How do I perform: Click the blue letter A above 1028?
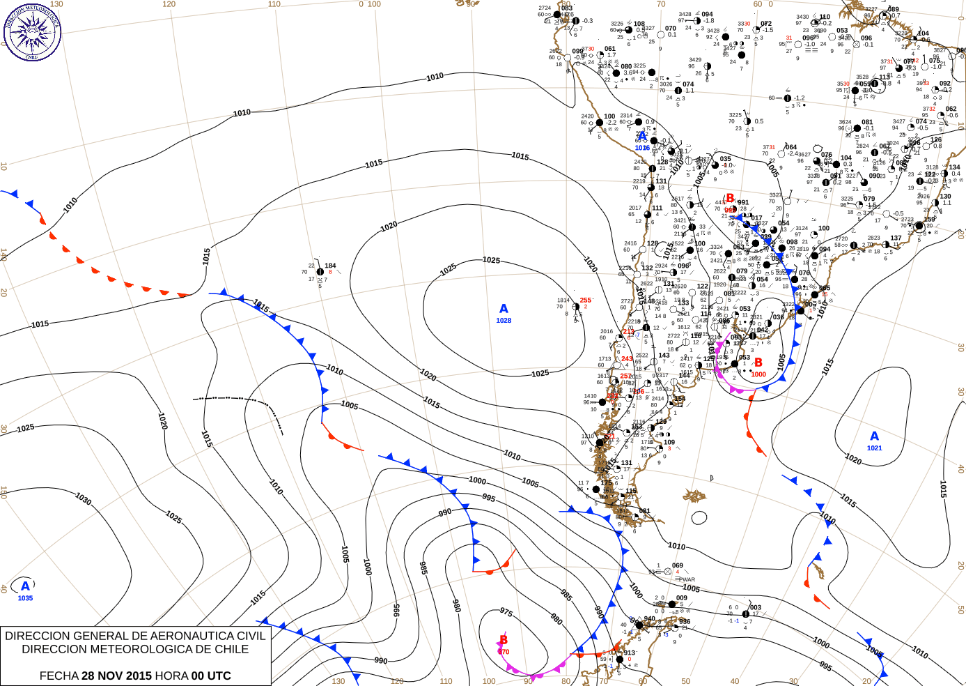pyautogui.click(x=504, y=309)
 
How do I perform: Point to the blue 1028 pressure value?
pyautogui.click(x=504, y=321)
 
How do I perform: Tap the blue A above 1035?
pyautogui.click(x=25, y=586)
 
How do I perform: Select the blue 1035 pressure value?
pyautogui.click(x=25, y=598)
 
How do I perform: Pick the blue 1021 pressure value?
pyautogui.click(x=875, y=448)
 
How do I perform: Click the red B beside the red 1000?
pyautogui.click(x=758, y=363)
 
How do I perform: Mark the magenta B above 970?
pyautogui.click(x=504, y=640)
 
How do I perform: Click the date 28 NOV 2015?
pyautogui.click(x=116, y=676)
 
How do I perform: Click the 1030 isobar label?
pyautogui.click(x=84, y=499)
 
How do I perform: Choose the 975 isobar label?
pyautogui.click(x=506, y=612)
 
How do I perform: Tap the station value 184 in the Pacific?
pyautogui.click(x=330, y=266)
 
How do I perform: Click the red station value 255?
pyautogui.click(x=585, y=300)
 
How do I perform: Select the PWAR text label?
pyautogui.click(x=687, y=579)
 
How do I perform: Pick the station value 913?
pyautogui.click(x=630, y=653)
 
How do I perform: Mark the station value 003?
pyautogui.click(x=755, y=607)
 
